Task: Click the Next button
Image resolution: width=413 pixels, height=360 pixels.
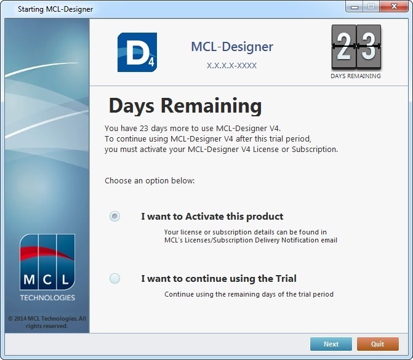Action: pos(331,344)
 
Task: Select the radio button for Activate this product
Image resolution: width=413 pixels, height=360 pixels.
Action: pos(115,216)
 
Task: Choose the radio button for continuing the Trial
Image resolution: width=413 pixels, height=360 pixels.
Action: pos(115,278)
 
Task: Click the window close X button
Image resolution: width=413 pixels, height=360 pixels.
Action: pos(394,6)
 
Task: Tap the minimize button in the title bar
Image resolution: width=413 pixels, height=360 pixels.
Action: pos(355,6)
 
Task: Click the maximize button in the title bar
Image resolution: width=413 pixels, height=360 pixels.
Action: pos(371,6)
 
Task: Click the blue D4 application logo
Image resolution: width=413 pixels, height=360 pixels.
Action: pos(137,52)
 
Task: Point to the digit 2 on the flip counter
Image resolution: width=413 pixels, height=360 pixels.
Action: pos(343,47)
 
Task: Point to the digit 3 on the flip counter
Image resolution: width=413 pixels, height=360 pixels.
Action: pos(369,47)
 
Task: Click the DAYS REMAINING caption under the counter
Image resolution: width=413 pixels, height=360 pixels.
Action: pos(356,76)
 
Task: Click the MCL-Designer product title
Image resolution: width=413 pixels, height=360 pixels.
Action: pos(232,47)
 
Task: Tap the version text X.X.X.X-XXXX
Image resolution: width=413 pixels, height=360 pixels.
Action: pos(232,66)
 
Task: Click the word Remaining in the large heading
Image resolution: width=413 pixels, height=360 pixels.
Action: pos(211,106)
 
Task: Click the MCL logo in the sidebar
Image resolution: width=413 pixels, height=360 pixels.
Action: pos(47,262)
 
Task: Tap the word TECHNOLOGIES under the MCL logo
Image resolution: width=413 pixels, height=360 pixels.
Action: pos(47,298)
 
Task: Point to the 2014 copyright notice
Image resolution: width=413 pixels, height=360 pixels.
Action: pos(47,322)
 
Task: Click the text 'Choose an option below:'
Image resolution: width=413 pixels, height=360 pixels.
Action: pos(150,181)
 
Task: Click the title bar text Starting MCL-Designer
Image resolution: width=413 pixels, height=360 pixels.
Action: pos(55,9)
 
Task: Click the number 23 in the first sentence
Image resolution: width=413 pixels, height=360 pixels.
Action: pos(144,128)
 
